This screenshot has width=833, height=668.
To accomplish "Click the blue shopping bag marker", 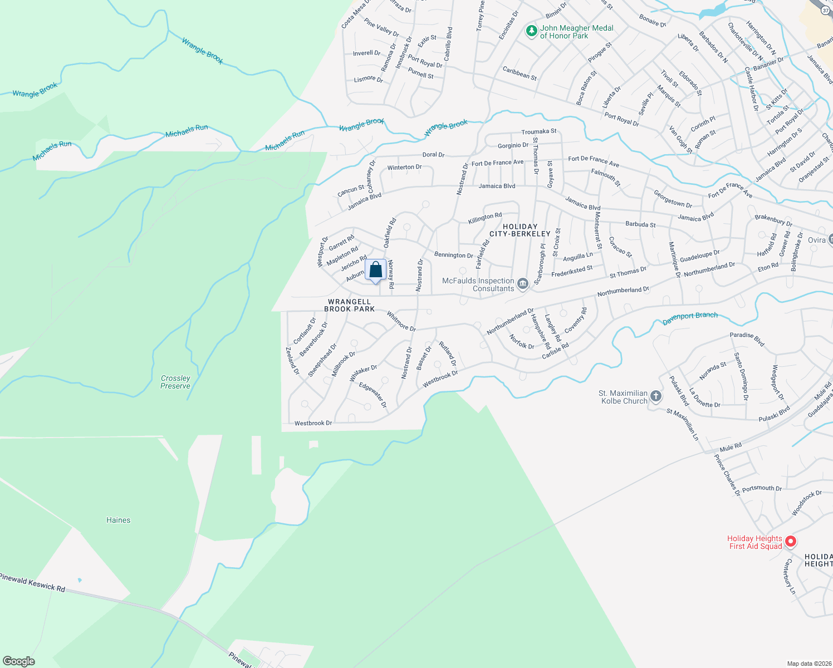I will [x=376, y=271].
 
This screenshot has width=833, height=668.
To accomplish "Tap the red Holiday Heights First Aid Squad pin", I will [x=790, y=542].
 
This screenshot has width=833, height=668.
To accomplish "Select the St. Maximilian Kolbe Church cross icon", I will [x=656, y=396].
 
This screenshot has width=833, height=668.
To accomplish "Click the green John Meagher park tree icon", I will [x=532, y=31].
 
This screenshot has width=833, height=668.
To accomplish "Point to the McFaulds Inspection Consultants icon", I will [x=522, y=284].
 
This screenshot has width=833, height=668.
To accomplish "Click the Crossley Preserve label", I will [x=175, y=382].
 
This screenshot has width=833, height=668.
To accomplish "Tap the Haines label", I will [x=118, y=520].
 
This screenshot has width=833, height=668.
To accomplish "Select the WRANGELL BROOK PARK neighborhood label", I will [x=350, y=305].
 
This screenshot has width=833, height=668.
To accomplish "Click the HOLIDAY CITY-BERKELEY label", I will [x=520, y=230].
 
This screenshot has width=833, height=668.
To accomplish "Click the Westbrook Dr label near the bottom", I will [x=313, y=423].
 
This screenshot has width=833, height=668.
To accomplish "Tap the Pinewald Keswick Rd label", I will [x=32, y=582].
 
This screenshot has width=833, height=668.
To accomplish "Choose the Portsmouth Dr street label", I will [x=762, y=488].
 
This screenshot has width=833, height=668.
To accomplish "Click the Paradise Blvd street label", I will [x=747, y=338].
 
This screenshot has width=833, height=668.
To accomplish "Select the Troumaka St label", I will [x=538, y=132].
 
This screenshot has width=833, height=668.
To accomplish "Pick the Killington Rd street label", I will [x=485, y=218].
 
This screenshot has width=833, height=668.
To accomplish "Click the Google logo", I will [x=19, y=661].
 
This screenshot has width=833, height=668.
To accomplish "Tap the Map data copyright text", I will [x=808, y=664].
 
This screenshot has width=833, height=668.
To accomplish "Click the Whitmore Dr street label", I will [x=401, y=321].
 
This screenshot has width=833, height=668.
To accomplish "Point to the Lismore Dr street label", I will [x=369, y=79].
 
